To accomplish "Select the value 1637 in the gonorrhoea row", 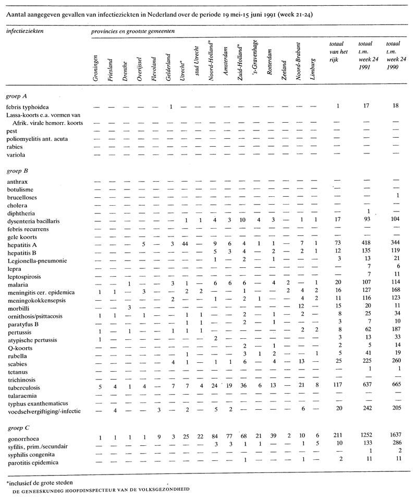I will (395, 438).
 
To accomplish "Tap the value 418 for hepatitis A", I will (366, 244).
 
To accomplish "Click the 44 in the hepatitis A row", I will (185, 244).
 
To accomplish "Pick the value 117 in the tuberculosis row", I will (337, 388).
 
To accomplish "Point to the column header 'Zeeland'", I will (284, 71).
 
